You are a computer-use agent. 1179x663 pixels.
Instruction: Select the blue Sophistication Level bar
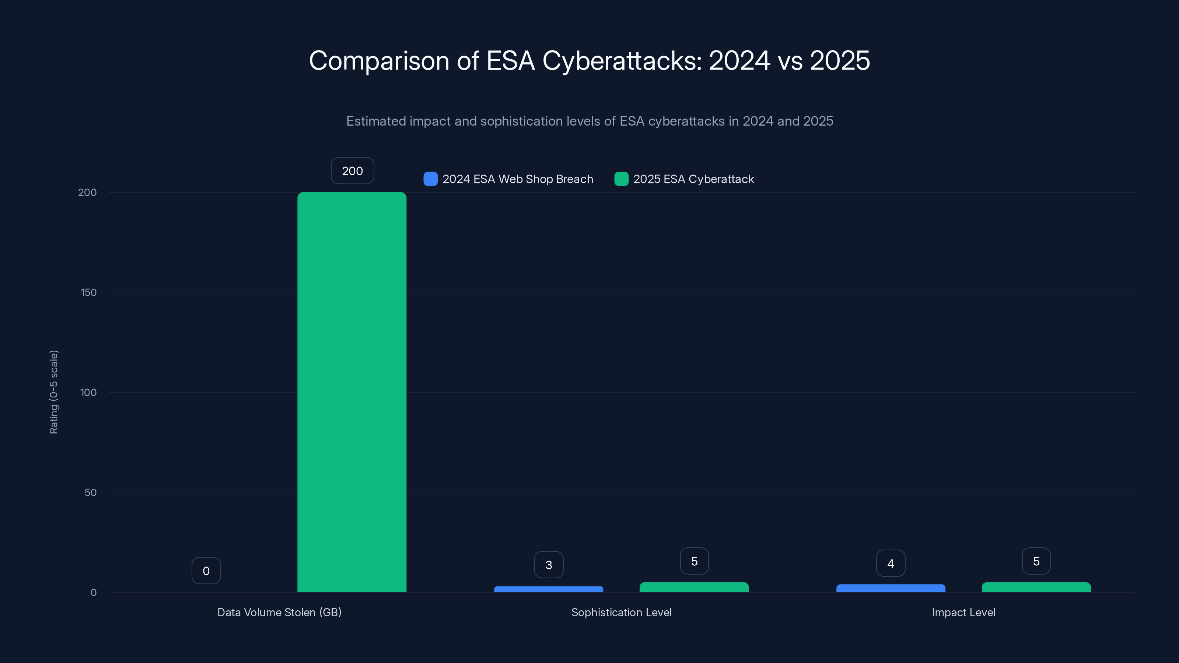click(548, 589)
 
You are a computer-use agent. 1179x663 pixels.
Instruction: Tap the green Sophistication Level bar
click(694, 587)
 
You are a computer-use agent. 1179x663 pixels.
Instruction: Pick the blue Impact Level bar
click(890, 588)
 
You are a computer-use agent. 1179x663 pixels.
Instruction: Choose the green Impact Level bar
click(1036, 587)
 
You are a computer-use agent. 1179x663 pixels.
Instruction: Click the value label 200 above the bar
click(352, 171)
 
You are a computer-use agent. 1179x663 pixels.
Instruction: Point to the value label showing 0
click(206, 571)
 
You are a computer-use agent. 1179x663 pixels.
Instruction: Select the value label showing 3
click(548, 565)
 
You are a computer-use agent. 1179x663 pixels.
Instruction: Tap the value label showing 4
click(890, 563)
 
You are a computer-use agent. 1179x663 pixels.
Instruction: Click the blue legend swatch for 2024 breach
click(430, 179)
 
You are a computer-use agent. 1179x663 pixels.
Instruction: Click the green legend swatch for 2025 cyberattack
click(621, 179)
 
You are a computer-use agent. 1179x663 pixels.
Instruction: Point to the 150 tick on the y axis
click(88, 292)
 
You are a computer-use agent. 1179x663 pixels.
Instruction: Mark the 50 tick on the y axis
click(90, 492)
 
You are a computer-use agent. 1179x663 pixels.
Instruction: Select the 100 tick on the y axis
click(88, 393)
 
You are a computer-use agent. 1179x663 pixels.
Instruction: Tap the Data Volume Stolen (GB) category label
click(279, 612)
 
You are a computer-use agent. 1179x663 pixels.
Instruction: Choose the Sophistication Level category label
click(621, 612)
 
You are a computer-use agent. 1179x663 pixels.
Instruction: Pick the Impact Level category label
click(963, 612)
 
